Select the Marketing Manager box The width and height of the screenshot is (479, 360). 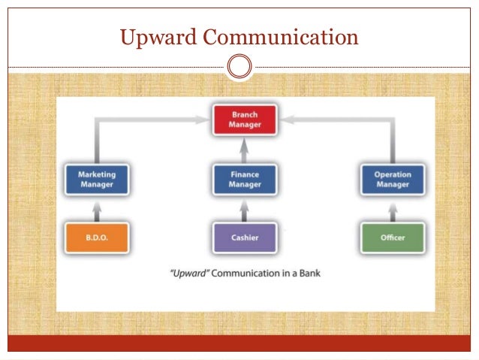97,180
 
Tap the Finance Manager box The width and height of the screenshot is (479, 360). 245,180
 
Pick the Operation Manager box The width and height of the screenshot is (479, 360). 393,180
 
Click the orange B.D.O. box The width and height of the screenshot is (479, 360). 97,237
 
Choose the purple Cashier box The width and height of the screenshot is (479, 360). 245,237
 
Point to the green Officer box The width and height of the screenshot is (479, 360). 393,237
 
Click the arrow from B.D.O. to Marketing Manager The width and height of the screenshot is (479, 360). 97,208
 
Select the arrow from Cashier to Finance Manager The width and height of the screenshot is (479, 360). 245,208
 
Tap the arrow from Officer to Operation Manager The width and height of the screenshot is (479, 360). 393,208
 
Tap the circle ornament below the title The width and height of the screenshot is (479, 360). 239,67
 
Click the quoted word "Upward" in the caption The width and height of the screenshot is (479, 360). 188,273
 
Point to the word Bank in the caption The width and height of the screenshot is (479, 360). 308,273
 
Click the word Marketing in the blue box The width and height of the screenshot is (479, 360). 97,174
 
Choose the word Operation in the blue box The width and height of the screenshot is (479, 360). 393,174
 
